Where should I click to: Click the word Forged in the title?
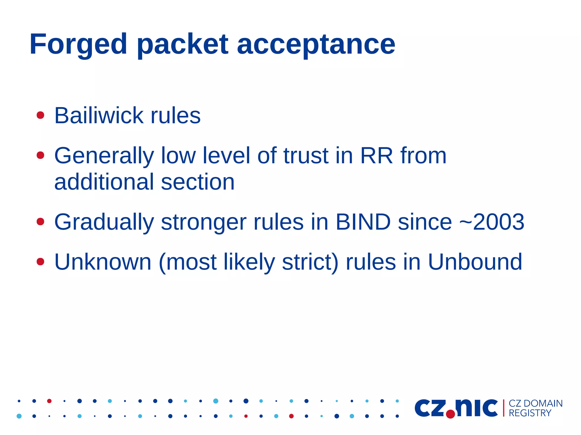78,44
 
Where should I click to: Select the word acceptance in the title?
316,44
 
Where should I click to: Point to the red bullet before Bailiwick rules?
41,115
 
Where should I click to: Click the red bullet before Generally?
41,155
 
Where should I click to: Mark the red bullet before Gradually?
41,221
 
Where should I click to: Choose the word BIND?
363,222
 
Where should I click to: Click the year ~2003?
492,222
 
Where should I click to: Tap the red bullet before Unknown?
41,261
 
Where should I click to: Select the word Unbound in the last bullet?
475,262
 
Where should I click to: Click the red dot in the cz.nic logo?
451,414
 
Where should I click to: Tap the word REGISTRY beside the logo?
530,413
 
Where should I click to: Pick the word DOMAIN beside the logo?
543,403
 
